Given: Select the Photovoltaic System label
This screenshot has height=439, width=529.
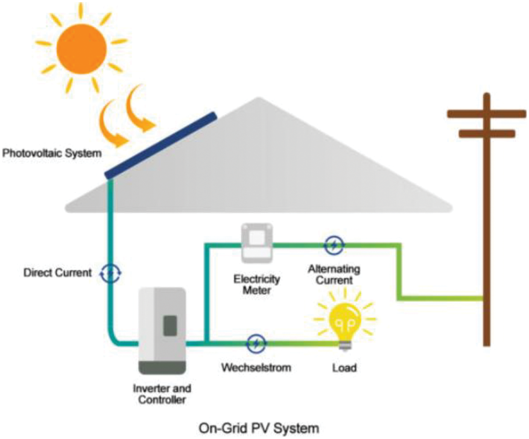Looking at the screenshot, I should tap(52, 153).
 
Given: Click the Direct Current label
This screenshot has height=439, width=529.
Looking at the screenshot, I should tap(58, 273).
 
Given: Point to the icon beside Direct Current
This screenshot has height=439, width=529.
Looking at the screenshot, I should tap(110, 273).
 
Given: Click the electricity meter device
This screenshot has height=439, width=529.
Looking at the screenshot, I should tap(256, 243).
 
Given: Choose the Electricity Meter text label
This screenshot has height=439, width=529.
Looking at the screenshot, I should tap(257, 284).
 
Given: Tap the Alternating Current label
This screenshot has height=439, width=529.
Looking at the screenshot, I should tap(334, 274).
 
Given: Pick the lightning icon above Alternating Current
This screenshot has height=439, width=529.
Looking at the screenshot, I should tap(334, 244).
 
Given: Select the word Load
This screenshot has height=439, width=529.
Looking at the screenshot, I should tap(344, 367).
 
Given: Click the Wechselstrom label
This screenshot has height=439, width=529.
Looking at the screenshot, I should tap(256, 367).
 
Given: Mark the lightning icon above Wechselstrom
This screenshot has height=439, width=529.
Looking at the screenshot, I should tap(256, 343).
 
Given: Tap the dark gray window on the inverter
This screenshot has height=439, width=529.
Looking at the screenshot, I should tap(170, 326).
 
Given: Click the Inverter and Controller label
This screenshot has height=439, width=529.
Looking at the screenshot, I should tap(162, 394).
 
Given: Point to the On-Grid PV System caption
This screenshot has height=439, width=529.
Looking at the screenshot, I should tap(259, 428).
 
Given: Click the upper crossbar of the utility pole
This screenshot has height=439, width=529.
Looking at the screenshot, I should tap(487, 113).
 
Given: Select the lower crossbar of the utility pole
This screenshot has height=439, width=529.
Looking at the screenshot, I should tap(487, 134).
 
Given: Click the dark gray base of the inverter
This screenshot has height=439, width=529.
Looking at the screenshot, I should tap(163, 367).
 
